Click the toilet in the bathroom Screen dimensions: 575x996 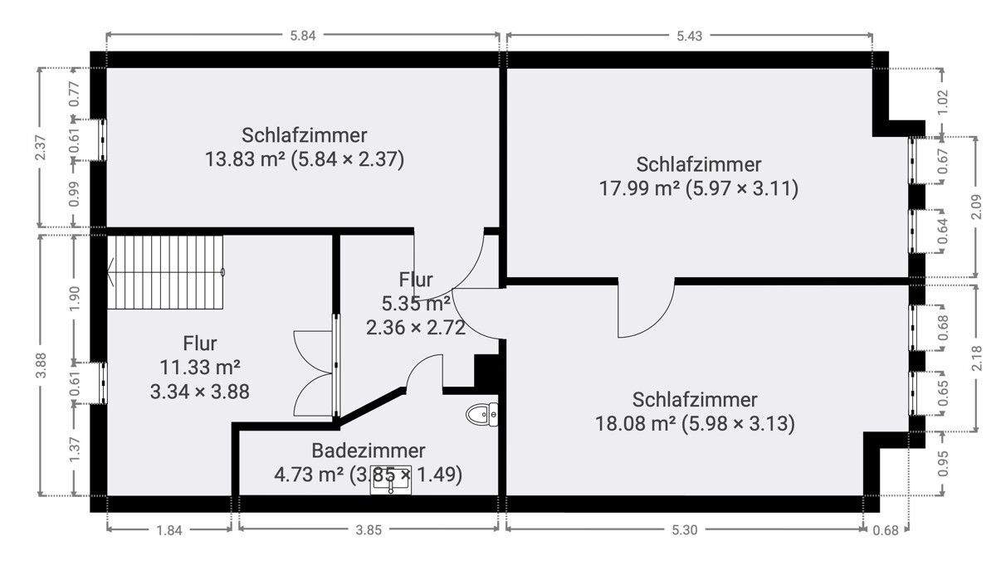point(481,413)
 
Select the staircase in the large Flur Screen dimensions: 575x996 point(166,271)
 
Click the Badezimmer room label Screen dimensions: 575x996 point(369,451)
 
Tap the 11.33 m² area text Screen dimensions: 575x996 point(199,367)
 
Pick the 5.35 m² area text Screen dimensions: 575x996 point(414,303)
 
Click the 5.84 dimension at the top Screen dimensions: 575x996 point(305,35)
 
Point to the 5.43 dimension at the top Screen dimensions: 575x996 point(691,35)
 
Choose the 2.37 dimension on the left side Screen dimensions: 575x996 point(41,149)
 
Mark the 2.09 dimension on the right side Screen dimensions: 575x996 point(977,206)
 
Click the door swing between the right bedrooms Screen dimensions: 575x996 point(647,308)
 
